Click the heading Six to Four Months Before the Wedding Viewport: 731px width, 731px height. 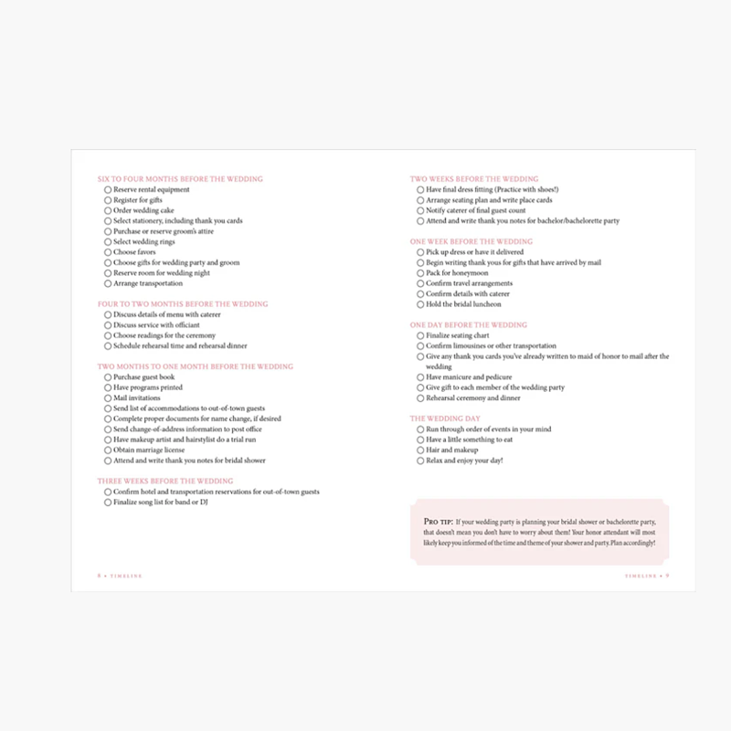pyautogui.click(x=180, y=179)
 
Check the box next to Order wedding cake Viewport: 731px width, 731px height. pyautogui.click(x=108, y=210)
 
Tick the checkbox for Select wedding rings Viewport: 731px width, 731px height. pyautogui.click(x=108, y=241)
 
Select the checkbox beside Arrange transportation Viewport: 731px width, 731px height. pyautogui.click(x=108, y=283)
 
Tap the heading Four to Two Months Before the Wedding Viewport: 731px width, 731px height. pyautogui.click(x=183, y=304)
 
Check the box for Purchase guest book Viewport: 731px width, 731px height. pyautogui.click(x=108, y=377)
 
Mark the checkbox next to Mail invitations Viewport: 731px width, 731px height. pyautogui.click(x=108, y=398)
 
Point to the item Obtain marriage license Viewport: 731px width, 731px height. pyautogui.click(x=149, y=450)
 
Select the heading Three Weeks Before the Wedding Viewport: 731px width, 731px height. pyautogui.click(x=165, y=481)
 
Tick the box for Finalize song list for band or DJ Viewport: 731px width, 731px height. pyautogui.click(x=108, y=503)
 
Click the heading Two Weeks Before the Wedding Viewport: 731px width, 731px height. pyautogui.click(x=474, y=179)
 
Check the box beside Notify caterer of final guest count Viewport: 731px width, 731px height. pyautogui.click(x=420, y=210)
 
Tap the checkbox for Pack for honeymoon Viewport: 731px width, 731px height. pyautogui.click(x=420, y=273)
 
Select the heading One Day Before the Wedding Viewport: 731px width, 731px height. pyautogui.click(x=469, y=325)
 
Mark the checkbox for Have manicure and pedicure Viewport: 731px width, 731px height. pyautogui.click(x=420, y=377)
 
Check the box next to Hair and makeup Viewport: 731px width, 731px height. pyautogui.click(x=420, y=450)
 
